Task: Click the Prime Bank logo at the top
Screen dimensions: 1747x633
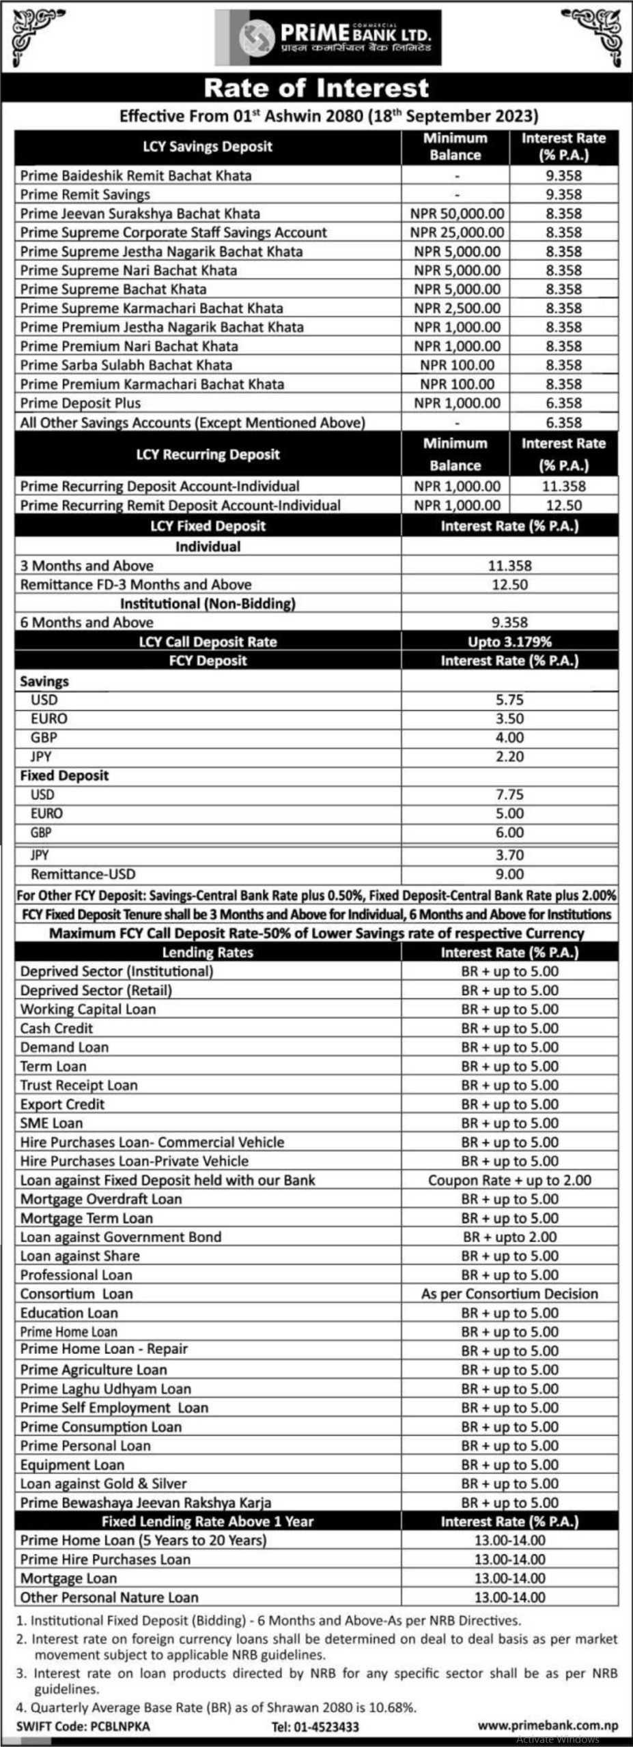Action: coord(328,40)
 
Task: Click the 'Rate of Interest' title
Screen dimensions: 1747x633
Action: coord(316,88)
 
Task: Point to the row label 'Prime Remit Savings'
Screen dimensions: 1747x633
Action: coord(85,194)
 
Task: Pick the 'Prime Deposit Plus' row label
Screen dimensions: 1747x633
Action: coord(80,403)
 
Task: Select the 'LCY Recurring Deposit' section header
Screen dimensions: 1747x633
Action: coord(208,454)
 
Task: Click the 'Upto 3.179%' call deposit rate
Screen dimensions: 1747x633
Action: coord(509,641)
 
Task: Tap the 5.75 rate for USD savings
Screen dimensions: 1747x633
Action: coord(509,699)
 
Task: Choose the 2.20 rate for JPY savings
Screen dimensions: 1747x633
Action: coord(509,757)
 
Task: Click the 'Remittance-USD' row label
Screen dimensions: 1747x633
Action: coord(83,874)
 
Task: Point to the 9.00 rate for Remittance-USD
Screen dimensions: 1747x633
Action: coord(509,874)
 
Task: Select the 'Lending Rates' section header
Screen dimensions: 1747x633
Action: coord(208,953)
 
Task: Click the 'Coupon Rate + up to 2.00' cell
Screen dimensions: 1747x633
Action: coord(509,1180)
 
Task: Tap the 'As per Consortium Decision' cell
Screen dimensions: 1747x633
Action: coord(509,1294)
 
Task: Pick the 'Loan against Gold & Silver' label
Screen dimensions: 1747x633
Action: coord(103,1484)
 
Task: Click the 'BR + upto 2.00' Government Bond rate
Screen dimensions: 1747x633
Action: coord(509,1237)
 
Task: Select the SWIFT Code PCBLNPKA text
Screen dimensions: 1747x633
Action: coord(85,1726)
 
